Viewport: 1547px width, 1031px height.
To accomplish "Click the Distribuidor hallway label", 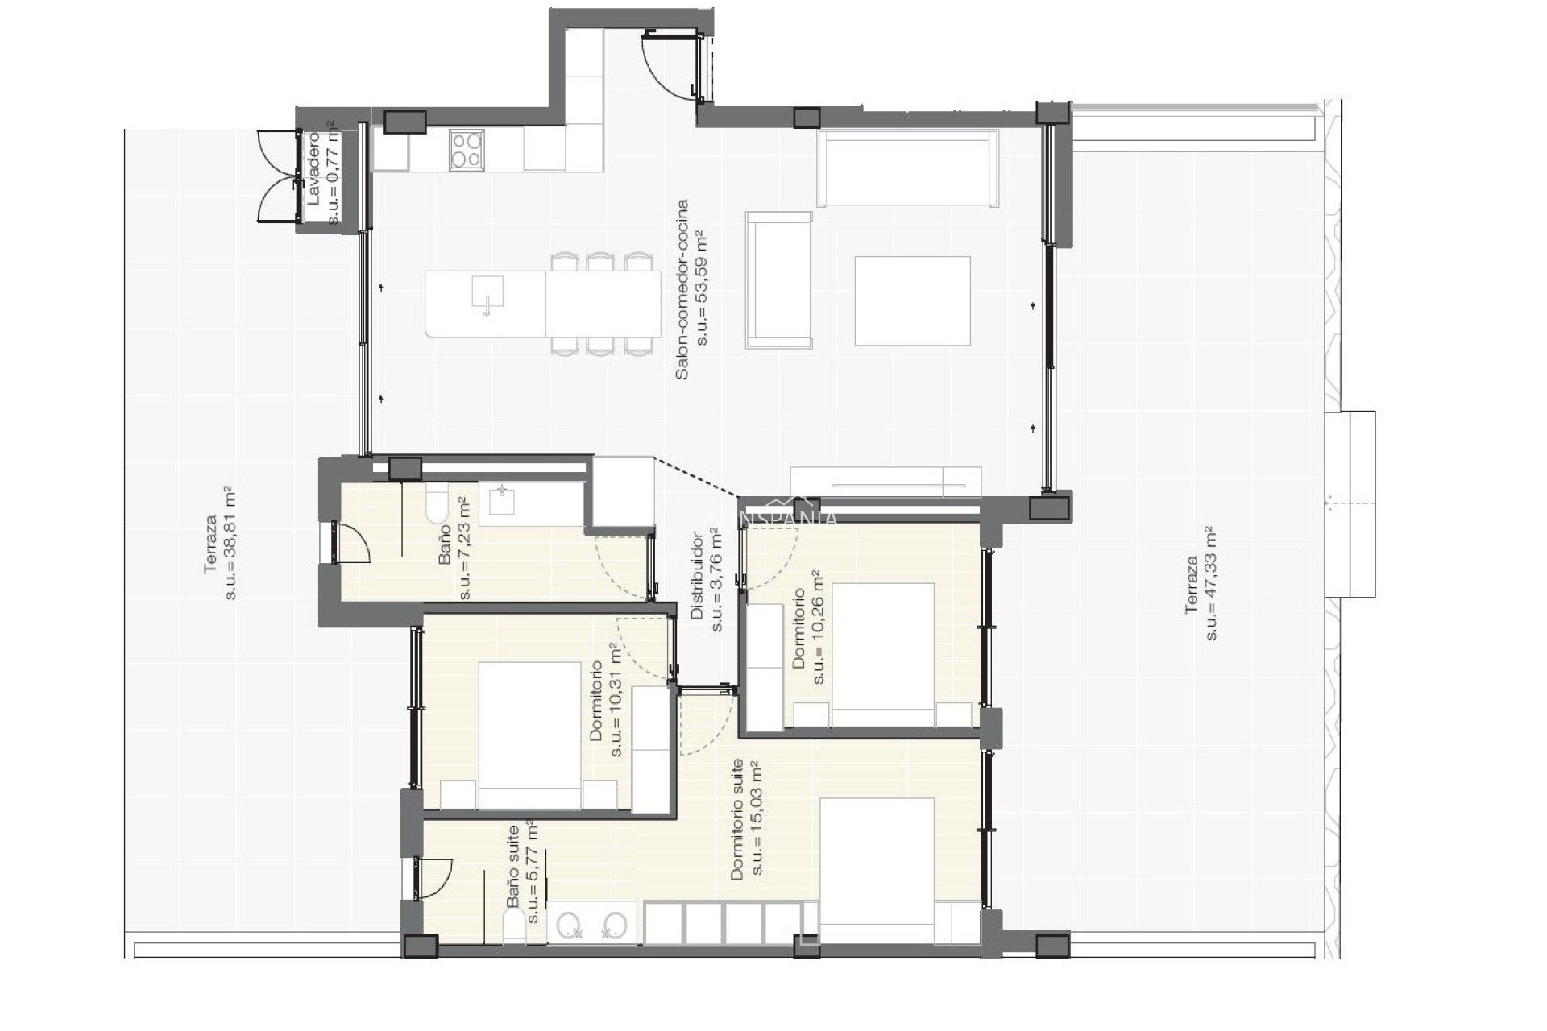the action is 698,575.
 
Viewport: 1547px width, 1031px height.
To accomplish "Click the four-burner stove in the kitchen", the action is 466,149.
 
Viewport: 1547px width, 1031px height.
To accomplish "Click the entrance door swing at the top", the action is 670,68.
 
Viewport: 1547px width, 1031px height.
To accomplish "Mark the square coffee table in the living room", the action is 912,300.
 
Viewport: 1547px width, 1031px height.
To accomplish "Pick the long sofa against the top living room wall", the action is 907,169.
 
